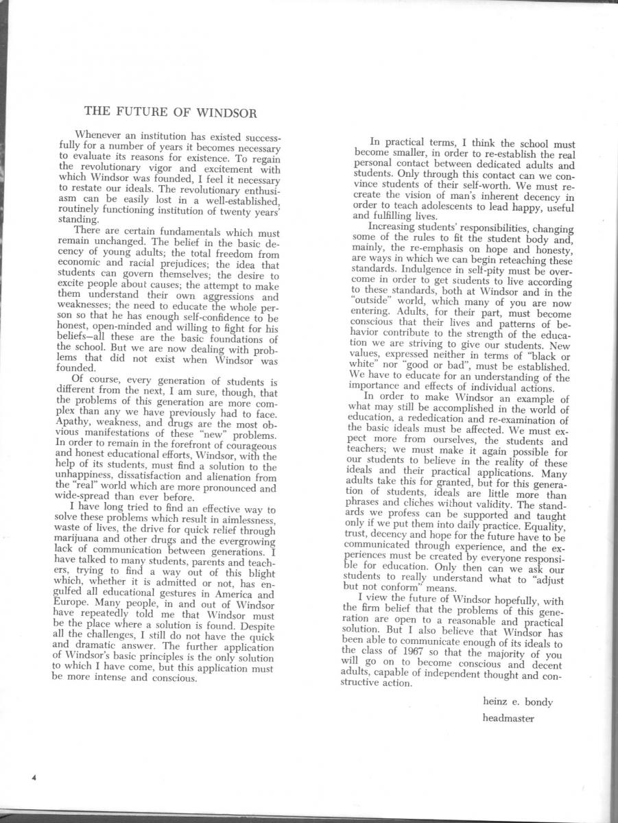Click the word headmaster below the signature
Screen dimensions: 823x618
coord(508,719)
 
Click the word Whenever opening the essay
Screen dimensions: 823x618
coord(99,134)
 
